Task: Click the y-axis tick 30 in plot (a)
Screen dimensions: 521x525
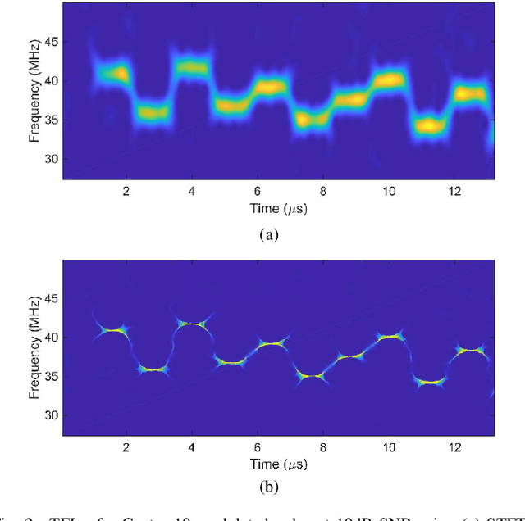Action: [52, 158]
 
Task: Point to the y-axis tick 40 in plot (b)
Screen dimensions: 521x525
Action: [52, 338]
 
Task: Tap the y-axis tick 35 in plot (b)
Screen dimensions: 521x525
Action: [52, 377]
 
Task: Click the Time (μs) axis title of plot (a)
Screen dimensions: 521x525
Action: [278, 208]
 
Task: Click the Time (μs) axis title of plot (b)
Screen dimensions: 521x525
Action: [278, 464]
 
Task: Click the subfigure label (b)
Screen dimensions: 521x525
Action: [268, 489]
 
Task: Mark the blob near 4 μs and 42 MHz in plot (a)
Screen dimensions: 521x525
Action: [190, 68]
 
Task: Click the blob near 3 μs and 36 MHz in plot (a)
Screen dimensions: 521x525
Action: [153, 113]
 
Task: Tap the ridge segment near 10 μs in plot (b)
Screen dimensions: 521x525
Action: [389, 336]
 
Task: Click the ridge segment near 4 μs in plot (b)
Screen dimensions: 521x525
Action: [191, 324]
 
